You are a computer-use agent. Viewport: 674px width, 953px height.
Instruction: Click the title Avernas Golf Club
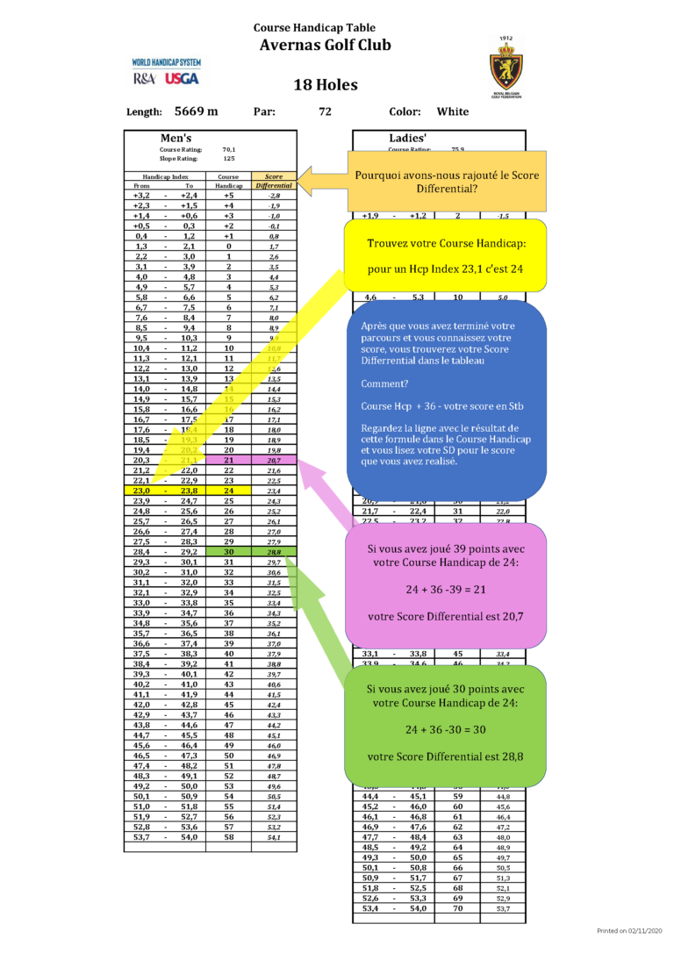[326, 46]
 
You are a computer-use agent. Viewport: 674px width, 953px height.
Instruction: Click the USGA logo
[181, 78]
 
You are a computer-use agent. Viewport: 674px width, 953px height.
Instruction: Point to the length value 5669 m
[197, 111]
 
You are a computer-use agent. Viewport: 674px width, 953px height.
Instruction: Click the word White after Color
[453, 111]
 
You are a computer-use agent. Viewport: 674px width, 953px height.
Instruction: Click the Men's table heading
[176, 138]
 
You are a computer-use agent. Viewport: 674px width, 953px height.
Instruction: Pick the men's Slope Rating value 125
[228, 159]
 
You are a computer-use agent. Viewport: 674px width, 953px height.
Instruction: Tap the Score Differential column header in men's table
[274, 181]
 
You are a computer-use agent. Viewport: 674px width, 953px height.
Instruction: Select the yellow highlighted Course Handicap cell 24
[228, 491]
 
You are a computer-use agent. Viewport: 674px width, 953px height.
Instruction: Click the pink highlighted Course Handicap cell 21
[228, 460]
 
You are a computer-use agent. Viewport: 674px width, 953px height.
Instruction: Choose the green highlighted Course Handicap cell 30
[228, 551]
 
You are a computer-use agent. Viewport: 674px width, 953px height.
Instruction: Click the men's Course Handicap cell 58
[228, 837]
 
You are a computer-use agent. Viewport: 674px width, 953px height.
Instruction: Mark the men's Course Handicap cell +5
[228, 196]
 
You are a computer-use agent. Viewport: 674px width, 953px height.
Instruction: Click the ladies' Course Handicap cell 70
[457, 908]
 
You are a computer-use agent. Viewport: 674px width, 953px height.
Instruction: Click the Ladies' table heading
[407, 138]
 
